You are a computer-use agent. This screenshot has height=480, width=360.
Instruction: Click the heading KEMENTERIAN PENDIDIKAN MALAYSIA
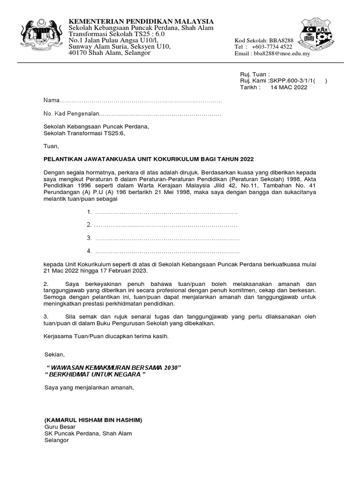point(141,22)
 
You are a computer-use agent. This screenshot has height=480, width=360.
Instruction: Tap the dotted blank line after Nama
point(141,101)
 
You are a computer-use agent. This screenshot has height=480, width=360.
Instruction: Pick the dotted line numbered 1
point(166,212)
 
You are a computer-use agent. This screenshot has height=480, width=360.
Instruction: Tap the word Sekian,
point(53,353)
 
